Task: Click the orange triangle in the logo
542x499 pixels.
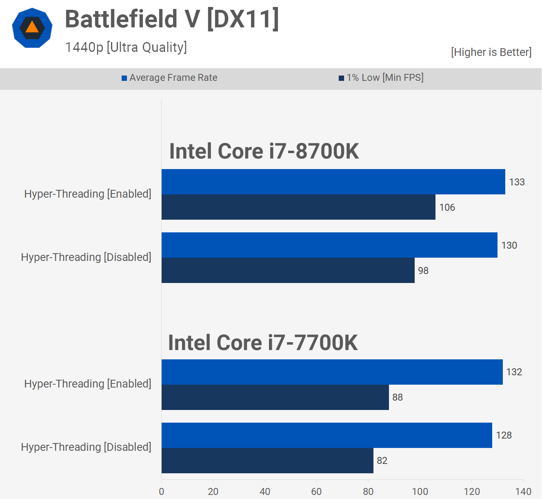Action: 32,28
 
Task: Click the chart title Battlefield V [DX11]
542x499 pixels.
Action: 172,19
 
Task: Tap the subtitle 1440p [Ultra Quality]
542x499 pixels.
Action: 126,47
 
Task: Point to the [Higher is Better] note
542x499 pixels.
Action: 491,52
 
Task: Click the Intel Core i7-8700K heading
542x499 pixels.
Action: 264,151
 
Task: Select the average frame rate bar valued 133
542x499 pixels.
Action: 333,182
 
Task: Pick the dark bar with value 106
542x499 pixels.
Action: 298,207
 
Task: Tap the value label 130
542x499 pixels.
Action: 509,245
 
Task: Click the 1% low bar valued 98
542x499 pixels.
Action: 288,270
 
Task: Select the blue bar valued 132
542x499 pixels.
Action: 332,372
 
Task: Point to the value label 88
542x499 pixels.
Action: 398,397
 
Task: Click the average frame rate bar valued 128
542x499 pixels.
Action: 327,435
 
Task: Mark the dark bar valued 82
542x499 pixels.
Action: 267,461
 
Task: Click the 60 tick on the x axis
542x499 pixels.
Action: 316,491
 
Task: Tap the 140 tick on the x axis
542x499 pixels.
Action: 523,491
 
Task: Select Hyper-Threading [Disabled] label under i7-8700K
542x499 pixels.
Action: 86,257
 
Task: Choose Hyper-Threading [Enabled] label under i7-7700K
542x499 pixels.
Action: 88,384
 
